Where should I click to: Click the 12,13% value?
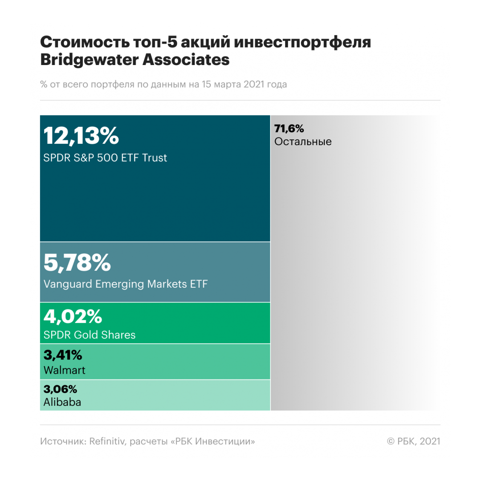click(81, 136)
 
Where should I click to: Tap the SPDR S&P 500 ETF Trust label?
click(105, 158)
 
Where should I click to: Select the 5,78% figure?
click(77, 262)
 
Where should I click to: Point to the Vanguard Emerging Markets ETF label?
click(126, 284)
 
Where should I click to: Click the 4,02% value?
click(73, 317)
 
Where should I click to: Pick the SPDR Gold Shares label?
click(90, 334)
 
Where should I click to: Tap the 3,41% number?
click(63, 355)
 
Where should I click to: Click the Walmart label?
click(65, 370)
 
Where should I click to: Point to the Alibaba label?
click(62, 403)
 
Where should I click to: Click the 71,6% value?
click(289, 129)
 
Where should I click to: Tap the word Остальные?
click(303, 142)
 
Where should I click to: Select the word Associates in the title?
click(186, 60)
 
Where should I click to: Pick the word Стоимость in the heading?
click(85, 42)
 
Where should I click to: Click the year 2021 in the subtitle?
click(255, 84)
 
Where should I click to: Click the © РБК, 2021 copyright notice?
click(413, 441)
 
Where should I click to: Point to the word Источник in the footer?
click(62, 441)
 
